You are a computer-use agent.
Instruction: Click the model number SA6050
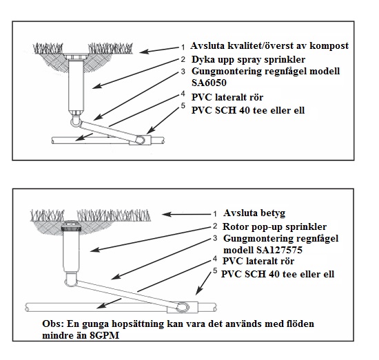pyautogui.click(x=209, y=83)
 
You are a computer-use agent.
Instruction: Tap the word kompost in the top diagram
pyautogui.click(x=329, y=46)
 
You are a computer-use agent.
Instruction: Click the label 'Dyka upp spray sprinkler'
pyautogui.click(x=248, y=60)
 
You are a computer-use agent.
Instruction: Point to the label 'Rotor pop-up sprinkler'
pyautogui.click(x=274, y=226)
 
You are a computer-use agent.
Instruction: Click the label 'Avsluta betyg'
pyautogui.click(x=254, y=213)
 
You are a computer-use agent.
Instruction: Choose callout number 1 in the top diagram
pyautogui.click(x=183, y=47)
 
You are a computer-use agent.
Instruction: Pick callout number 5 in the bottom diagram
pyautogui.click(x=215, y=271)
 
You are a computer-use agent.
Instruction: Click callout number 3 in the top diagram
pyautogui.click(x=183, y=72)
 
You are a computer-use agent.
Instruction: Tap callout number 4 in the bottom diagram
pyautogui.click(x=215, y=259)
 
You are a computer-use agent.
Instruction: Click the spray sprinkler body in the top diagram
pyautogui.click(x=76, y=85)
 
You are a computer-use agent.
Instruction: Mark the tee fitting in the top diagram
pyautogui.click(x=140, y=140)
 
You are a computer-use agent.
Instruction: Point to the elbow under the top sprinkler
pyautogui.click(x=75, y=121)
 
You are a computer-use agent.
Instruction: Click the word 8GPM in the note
pyautogui.click(x=104, y=335)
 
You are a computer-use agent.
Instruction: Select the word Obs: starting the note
pyautogui.click(x=53, y=324)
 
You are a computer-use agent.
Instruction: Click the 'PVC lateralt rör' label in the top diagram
pyautogui.click(x=227, y=97)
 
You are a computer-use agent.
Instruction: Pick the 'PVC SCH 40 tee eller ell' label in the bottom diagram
pyautogui.click(x=278, y=274)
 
